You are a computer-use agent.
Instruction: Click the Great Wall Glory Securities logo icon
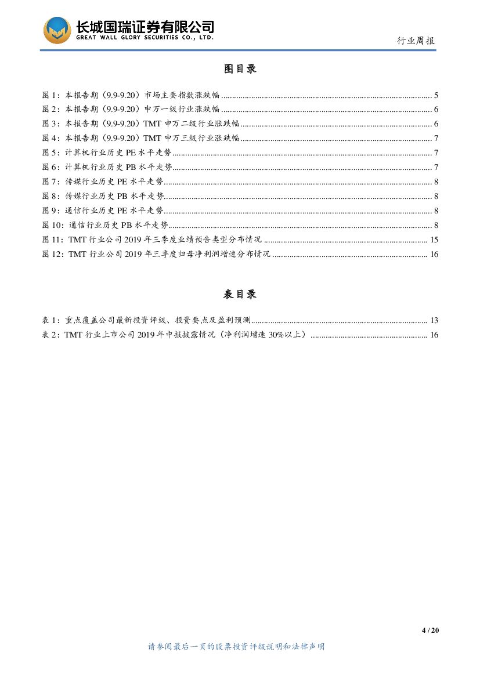click(x=57, y=30)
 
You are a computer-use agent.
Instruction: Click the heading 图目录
click(x=240, y=68)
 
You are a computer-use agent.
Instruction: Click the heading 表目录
click(x=240, y=294)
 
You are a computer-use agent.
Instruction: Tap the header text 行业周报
click(x=416, y=41)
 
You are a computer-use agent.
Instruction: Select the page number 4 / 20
click(x=430, y=630)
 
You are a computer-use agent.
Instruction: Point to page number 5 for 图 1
click(x=435, y=95)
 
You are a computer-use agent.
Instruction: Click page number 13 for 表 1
click(x=434, y=320)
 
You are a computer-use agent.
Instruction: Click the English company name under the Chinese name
click(x=145, y=38)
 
